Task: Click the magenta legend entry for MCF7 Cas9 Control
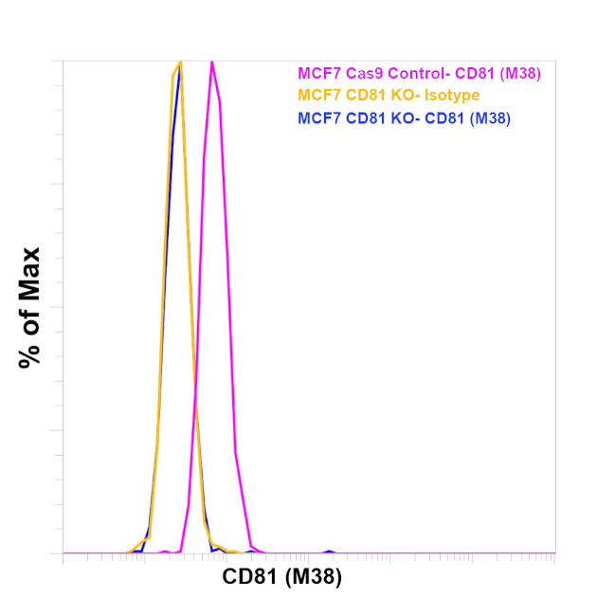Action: coord(419,73)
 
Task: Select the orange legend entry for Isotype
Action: coord(389,95)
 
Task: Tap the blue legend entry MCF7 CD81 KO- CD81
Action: coord(405,118)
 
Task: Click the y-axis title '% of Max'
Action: coord(30,307)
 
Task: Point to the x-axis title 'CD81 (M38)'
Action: coord(282,576)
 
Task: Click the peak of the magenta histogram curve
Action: coord(211,62)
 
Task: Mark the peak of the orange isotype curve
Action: coord(179,62)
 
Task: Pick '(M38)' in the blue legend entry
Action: coord(488,118)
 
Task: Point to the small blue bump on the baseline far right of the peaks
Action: coord(329,551)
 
